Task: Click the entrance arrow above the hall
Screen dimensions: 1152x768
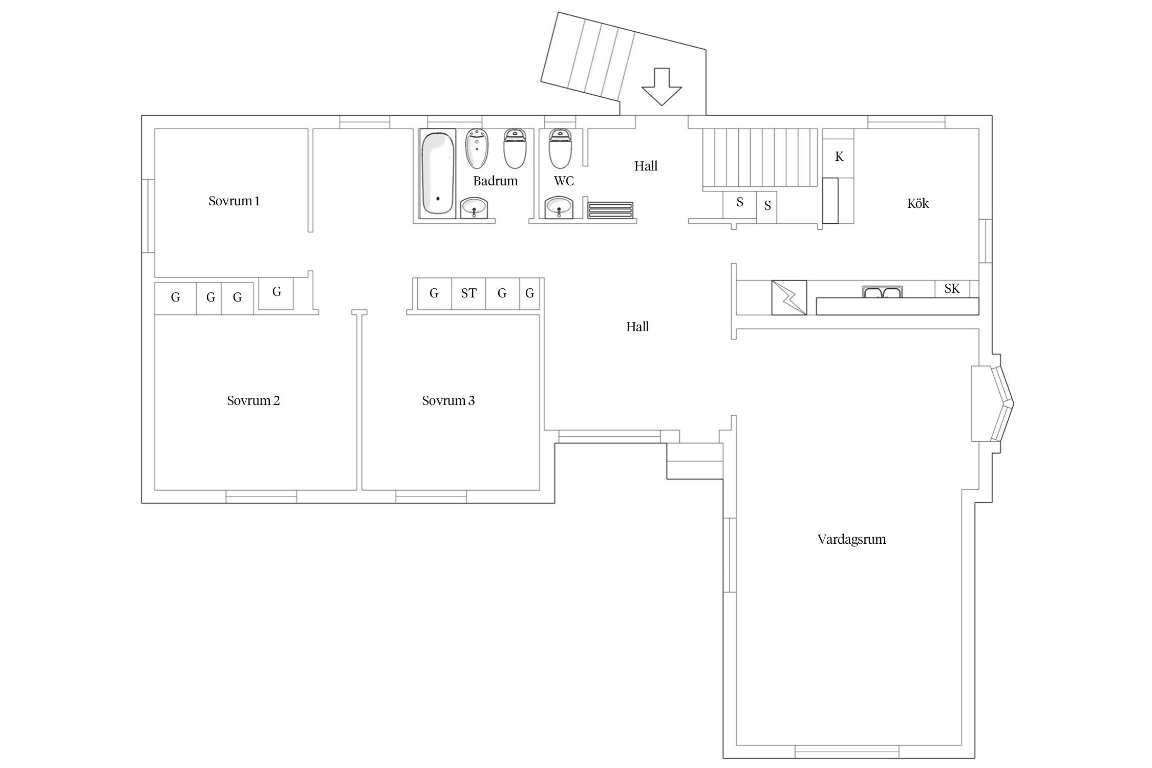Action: (x=662, y=87)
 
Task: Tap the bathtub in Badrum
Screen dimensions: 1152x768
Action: (x=438, y=174)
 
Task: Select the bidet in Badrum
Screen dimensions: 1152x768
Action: (x=477, y=148)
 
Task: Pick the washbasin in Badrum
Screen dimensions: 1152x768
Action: (x=474, y=208)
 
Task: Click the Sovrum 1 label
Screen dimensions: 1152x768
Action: (x=234, y=201)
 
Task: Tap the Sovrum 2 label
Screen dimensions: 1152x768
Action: (x=253, y=400)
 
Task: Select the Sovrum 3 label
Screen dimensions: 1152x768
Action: (x=449, y=400)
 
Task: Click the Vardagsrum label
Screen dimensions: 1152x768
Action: (x=851, y=539)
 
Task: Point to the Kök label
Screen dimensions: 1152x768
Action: (x=918, y=203)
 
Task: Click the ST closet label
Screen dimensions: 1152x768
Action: (x=468, y=293)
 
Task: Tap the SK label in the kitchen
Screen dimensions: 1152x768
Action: (x=952, y=288)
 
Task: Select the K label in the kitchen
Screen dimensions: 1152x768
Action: (x=839, y=156)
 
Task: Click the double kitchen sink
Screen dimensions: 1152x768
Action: (x=882, y=292)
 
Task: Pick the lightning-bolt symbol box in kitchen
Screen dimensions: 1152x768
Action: (x=789, y=297)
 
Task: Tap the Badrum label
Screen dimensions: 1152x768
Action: (x=496, y=181)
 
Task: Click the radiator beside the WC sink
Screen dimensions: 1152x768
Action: (x=610, y=210)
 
